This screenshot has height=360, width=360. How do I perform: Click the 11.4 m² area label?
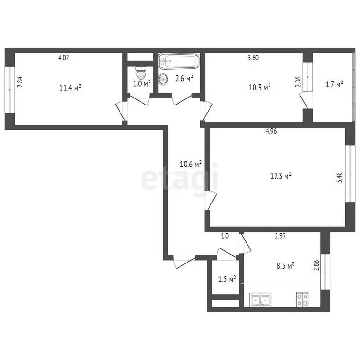pos(70,87)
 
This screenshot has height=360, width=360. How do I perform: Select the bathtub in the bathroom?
pos(179,61)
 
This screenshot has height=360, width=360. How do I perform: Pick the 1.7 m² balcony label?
pos(334,84)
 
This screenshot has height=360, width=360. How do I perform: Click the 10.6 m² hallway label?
pos(191,165)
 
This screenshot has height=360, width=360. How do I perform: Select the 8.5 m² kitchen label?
pos(284,266)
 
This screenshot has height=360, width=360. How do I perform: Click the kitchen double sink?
pos(261,299)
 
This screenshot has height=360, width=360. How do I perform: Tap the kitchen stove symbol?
pos(302,299)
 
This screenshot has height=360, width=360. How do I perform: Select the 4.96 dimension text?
pos(271,132)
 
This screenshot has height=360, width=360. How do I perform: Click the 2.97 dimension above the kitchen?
pos(280,236)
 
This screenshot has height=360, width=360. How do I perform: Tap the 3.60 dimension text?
pos(253,58)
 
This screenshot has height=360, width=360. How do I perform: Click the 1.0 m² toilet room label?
pos(141,84)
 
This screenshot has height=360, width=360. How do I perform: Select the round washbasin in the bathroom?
pos(163,79)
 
